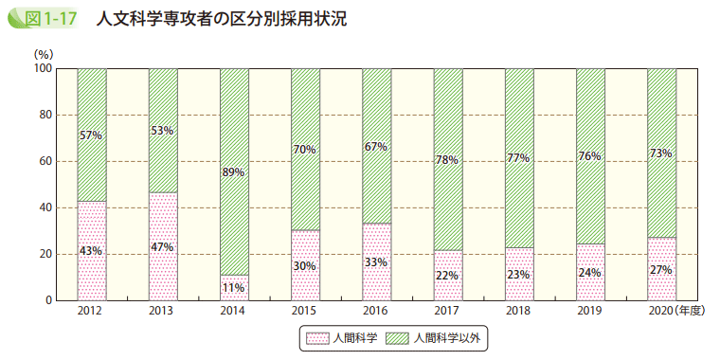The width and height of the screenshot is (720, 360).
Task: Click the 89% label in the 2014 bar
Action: (233, 172)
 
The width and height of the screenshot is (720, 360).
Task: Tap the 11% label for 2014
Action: (233, 286)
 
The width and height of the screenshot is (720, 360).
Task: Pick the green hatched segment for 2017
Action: (447, 114)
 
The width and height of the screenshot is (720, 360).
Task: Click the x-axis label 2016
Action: (376, 311)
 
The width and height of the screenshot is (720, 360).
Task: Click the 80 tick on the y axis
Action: (44, 116)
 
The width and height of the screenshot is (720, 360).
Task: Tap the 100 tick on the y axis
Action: (41, 69)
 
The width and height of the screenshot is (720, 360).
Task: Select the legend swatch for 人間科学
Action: (314, 336)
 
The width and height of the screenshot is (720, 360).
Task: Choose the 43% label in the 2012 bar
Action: (91, 251)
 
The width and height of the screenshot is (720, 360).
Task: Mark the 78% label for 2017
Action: (447, 160)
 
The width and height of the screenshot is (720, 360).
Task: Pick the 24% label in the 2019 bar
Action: (589, 273)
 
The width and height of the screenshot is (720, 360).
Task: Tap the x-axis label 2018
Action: (518, 311)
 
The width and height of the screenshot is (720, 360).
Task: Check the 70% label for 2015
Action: (305, 149)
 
